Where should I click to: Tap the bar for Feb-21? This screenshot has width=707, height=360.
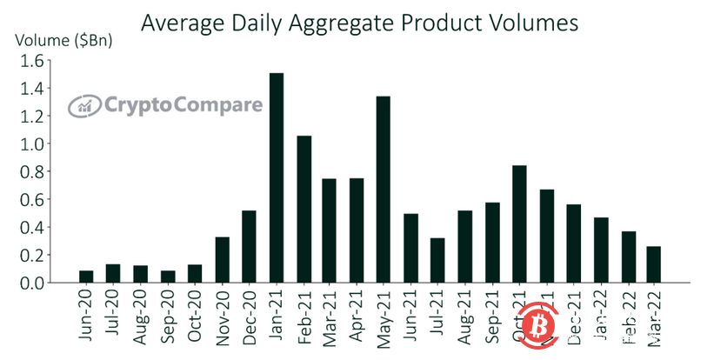click(x=303, y=210)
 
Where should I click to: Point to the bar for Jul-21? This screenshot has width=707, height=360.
click(x=437, y=261)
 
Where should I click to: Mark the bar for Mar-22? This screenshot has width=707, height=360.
click(x=654, y=265)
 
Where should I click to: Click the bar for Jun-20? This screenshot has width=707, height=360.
click(x=85, y=277)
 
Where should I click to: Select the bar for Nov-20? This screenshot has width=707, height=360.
click(x=223, y=260)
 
